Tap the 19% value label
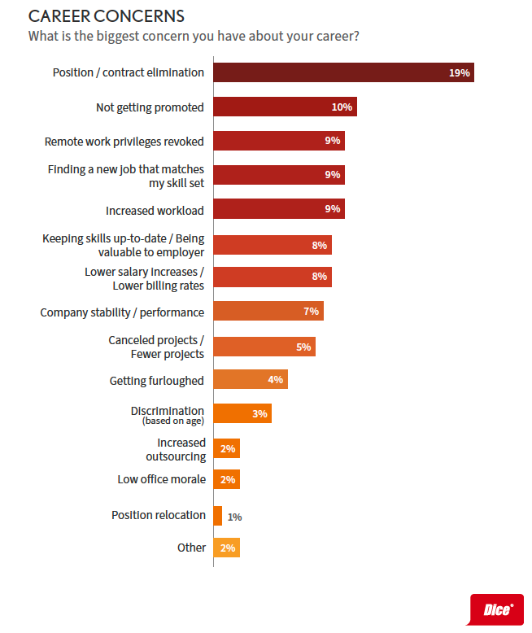(460, 72)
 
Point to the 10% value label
(342, 107)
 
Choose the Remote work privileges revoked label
(124, 141)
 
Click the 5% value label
(303, 347)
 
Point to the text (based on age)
(173, 421)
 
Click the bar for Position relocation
(218, 515)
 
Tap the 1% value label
(234, 516)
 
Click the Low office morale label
(161, 479)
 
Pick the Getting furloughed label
(157, 380)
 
